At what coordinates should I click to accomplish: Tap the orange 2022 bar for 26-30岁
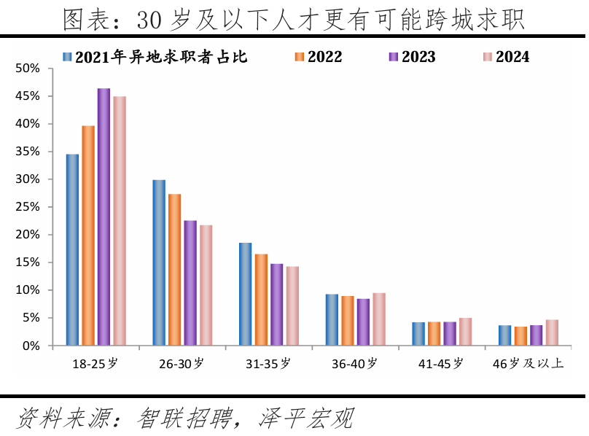point(174,269)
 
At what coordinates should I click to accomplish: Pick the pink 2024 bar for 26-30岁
point(206,285)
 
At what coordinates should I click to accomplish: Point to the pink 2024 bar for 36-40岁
point(379,319)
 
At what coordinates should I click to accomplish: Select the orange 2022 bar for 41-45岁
point(434,333)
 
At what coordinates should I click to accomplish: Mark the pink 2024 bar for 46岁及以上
point(552,332)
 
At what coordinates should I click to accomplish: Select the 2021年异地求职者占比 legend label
point(160,57)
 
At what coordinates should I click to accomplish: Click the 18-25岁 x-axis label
point(95,363)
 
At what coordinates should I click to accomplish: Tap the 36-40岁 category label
point(354,363)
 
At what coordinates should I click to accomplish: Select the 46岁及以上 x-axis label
point(528,363)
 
